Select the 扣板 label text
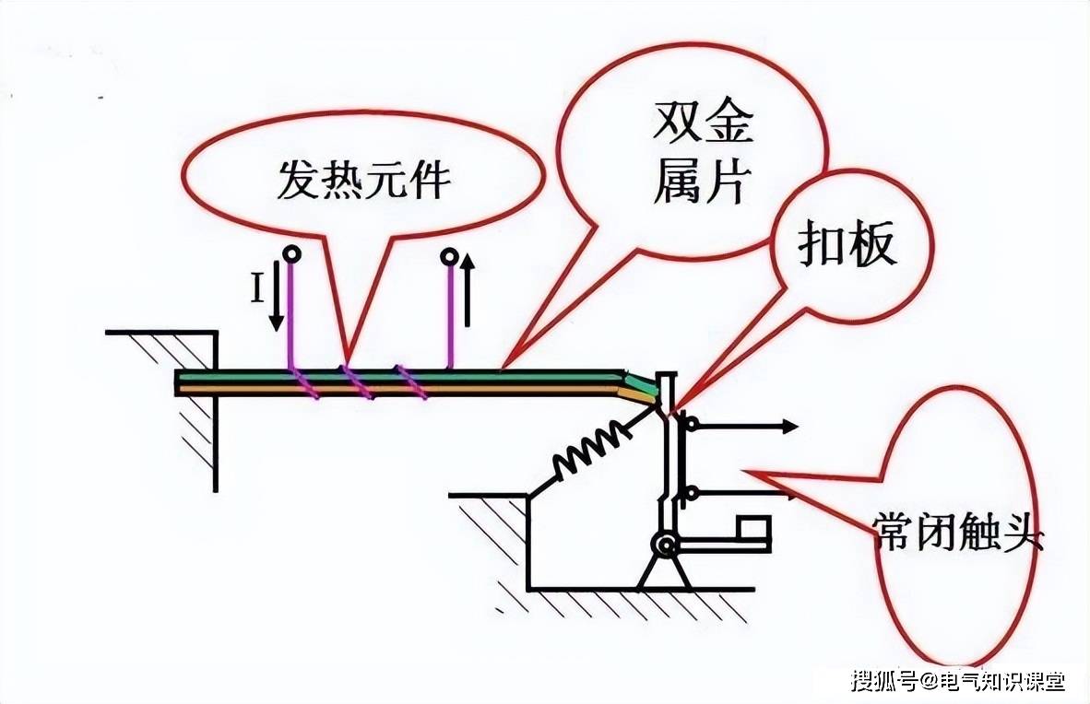pos(847,243)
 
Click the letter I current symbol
pos(257,287)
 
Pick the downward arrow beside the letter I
pos(277,295)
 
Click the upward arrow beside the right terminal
pos(468,289)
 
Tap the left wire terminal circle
pos(292,254)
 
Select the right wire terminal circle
pos(450,258)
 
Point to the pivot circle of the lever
pos(665,546)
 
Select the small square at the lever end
pos(753,531)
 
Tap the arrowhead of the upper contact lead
pos(791,427)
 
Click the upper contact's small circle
pos(692,423)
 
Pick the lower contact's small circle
pos(691,493)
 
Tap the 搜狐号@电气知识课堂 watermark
pos(959,681)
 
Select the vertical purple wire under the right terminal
pos(450,316)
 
